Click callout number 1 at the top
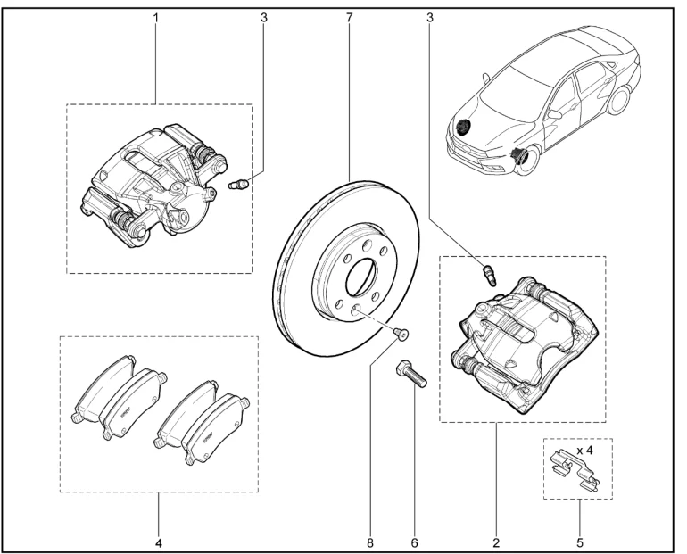tap(156, 18)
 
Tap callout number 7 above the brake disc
tap(349, 18)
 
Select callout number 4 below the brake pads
tap(159, 543)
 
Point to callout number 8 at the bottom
tap(370, 543)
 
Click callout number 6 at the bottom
tap(415, 543)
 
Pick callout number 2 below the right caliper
tap(496, 543)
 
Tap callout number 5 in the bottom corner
tap(580, 543)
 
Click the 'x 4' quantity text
tap(584, 450)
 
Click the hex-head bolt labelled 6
tap(411, 374)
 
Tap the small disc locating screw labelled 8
tap(400, 334)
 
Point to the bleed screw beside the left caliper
tap(239, 184)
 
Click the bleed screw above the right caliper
tap(490, 275)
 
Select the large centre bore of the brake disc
tap(361, 277)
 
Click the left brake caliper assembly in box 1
tap(153, 186)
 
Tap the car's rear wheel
tap(620, 99)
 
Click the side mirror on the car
tap(555, 114)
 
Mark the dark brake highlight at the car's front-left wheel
tap(519, 155)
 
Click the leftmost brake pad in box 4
tap(103, 387)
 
